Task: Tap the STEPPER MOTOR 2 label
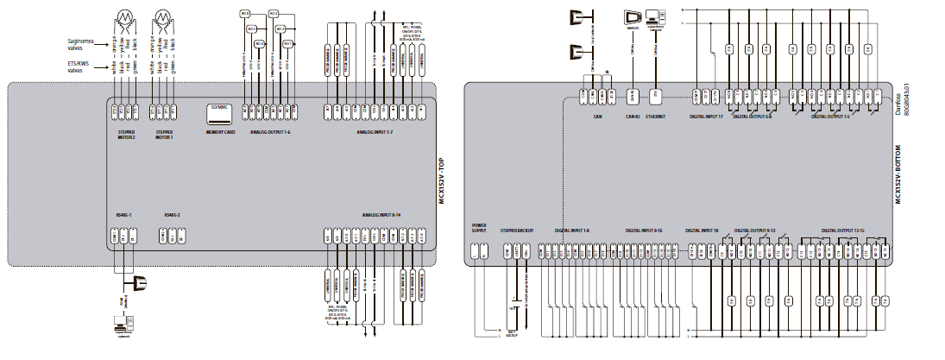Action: click(x=127, y=134)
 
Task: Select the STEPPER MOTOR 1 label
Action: click(x=165, y=134)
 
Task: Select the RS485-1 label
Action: click(x=123, y=214)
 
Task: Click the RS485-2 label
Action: click(x=171, y=214)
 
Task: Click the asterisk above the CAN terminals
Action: click(x=609, y=73)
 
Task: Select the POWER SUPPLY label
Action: click(x=480, y=228)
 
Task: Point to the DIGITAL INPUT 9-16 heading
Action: click(x=644, y=231)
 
